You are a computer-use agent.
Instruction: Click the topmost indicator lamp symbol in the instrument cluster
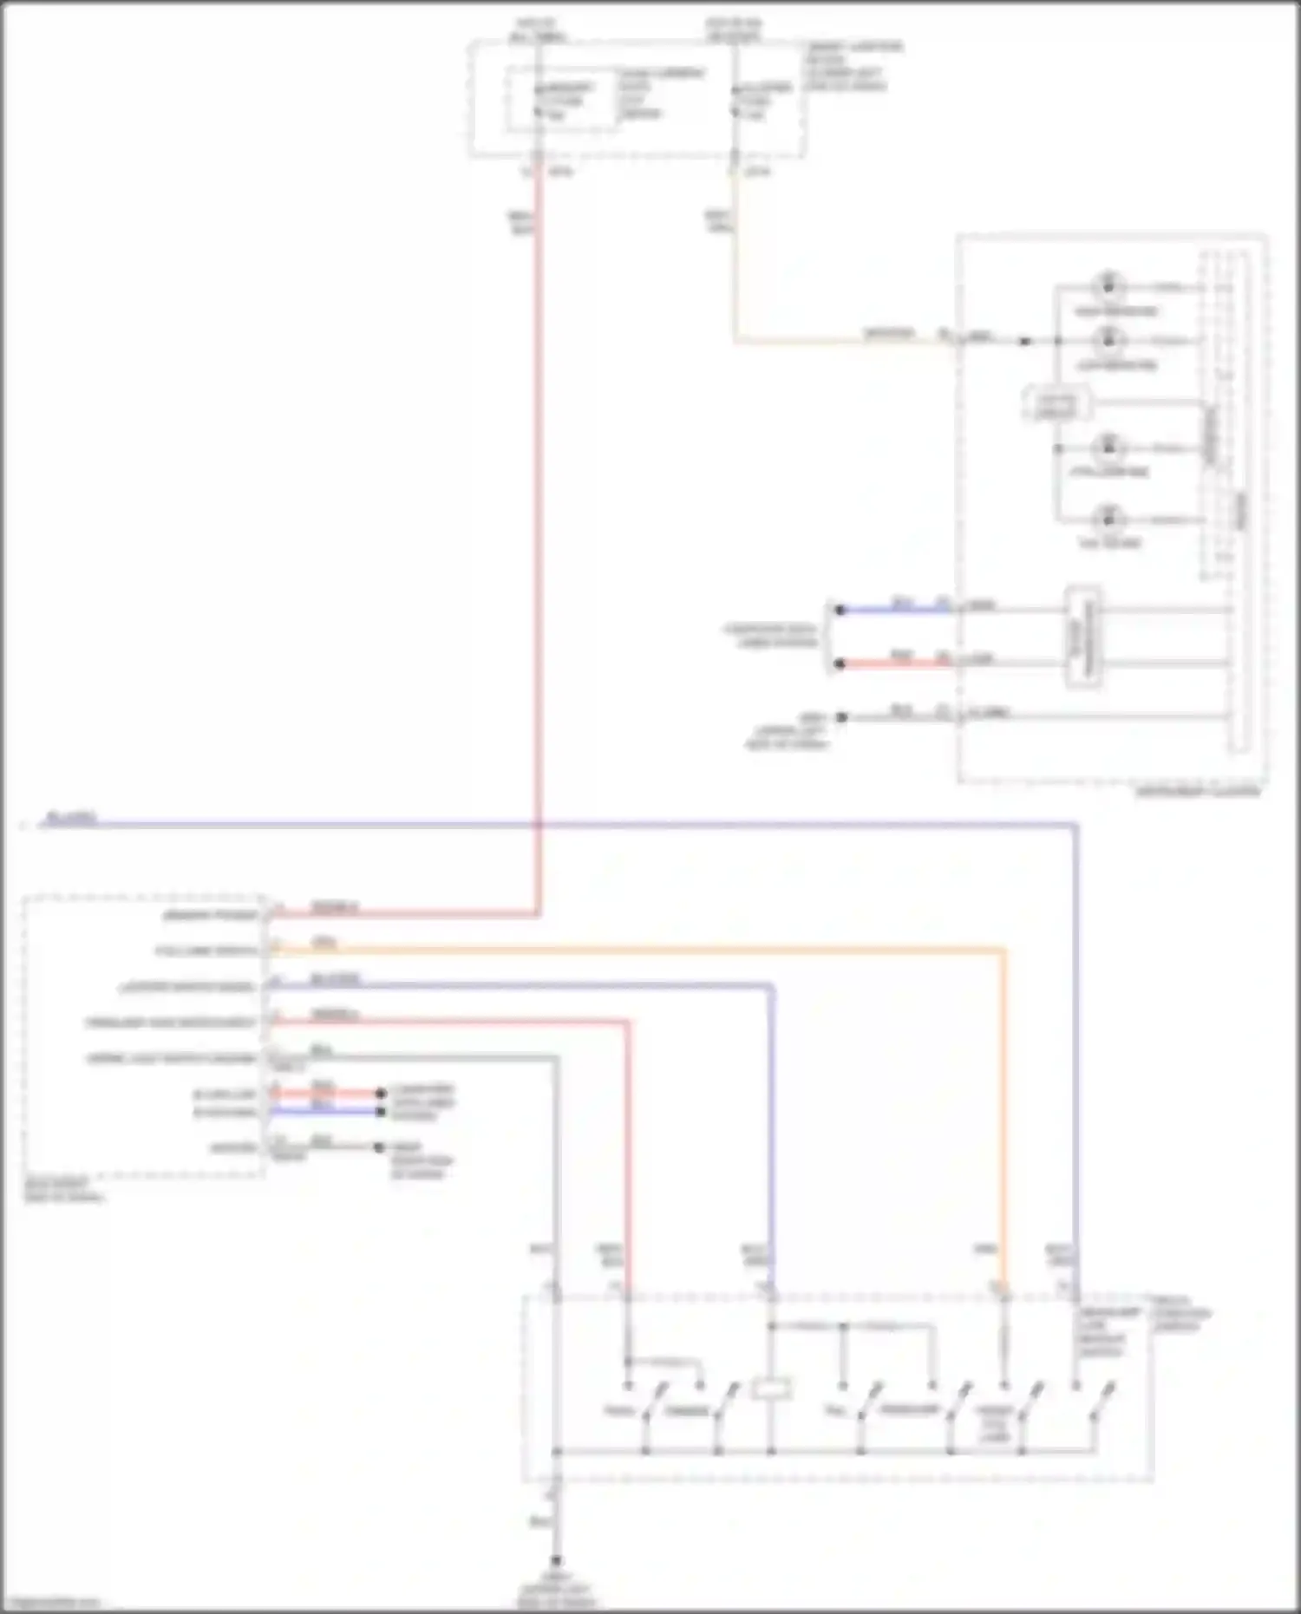pyautogui.click(x=1108, y=285)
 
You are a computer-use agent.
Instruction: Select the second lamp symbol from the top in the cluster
pyautogui.click(x=1108, y=339)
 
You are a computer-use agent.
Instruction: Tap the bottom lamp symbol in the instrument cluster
pyautogui.click(x=1108, y=519)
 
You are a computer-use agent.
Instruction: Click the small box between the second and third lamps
pyautogui.click(x=1056, y=403)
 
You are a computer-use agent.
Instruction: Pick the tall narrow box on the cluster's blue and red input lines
pyautogui.click(x=1083, y=637)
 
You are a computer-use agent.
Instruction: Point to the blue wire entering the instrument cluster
pyautogui.click(x=893, y=611)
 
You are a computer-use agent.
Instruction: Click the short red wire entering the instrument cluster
pyautogui.click(x=893, y=664)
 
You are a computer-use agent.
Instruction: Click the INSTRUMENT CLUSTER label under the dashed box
pyautogui.click(x=1197, y=792)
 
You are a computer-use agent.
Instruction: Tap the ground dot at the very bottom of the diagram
pyautogui.click(x=557, y=1561)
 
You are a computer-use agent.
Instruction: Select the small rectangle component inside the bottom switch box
pyautogui.click(x=771, y=1389)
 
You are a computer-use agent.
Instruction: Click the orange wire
pyautogui.click(x=694, y=951)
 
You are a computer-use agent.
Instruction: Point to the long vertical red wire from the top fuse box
pyautogui.click(x=538, y=520)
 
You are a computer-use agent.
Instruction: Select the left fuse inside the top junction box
pyautogui.click(x=538, y=101)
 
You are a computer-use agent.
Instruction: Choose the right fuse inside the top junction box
pyautogui.click(x=735, y=101)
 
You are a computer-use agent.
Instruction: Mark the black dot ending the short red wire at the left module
pyautogui.click(x=380, y=1093)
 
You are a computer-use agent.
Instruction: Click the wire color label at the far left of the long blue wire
pyautogui.click(x=71, y=817)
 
